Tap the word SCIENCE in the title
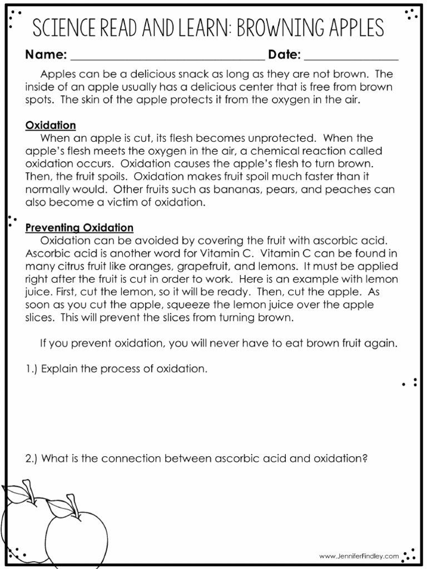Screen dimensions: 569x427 [x=62, y=27]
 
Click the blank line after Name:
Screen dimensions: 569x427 [x=167, y=57]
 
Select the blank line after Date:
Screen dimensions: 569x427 [x=351, y=57]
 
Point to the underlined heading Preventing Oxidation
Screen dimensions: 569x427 [x=80, y=228]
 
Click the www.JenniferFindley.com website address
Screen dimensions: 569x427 [x=359, y=556]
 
